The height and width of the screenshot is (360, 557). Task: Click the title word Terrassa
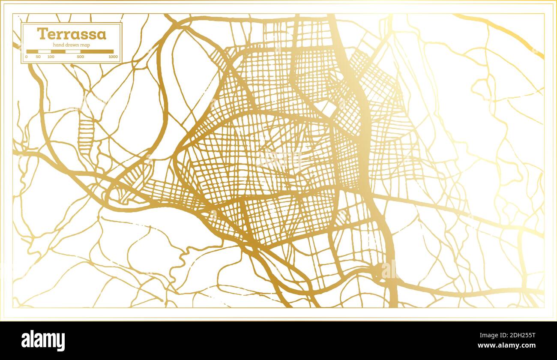click(72, 34)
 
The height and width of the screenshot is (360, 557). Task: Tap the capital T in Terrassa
click(42, 34)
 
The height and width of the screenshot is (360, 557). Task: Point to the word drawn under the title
click(75, 45)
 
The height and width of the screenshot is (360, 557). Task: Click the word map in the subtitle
click(90, 45)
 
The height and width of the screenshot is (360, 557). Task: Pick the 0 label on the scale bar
click(27, 57)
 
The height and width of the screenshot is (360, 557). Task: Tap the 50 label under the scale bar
click(38, 57)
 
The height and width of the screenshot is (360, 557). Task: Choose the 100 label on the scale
click(51, 57)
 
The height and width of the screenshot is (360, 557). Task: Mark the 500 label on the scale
click(80, 57)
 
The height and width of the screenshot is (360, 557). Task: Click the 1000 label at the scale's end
click(113, 57)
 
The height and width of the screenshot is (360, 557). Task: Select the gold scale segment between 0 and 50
click(32, 51)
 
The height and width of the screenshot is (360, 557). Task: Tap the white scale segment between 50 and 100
click(45, 51)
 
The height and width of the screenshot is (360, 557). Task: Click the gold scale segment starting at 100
click(58, 51)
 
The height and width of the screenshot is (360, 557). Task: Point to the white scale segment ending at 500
click(72, 51)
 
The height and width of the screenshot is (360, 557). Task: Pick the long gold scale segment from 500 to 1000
click(97, 51)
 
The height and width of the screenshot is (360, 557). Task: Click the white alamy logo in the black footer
click(43, 341)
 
